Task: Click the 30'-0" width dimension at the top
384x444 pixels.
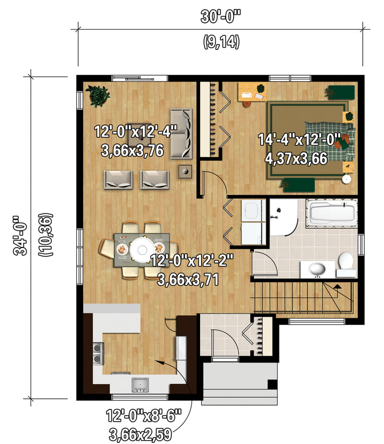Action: [x=220, y=17]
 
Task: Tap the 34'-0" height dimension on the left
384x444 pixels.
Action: [x=20, y=236]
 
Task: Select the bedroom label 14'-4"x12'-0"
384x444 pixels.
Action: [x=300, y=139]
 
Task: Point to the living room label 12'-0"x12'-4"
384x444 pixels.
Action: [x=135, y=131]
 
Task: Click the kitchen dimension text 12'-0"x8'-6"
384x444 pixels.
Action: [x=143, y=416]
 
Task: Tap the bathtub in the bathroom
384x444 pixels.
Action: [x=332, y=213]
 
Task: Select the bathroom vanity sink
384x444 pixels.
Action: [x=317, y=269]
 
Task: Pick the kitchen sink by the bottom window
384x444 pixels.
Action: [x=140, y=385]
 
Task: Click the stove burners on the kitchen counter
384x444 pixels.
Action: [x=98, y=353]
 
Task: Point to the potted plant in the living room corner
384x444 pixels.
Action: [x=98, y=96]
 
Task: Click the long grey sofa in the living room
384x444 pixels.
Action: [x=181, y=134]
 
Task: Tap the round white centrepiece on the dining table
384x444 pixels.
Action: [x=142, y=250]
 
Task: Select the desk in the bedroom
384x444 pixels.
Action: [x=252, y=92]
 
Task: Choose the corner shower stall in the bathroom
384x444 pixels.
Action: [x=283, y=217]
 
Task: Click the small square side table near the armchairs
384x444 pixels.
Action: [x=185, y=171]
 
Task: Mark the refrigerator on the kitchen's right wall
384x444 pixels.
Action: [x=181, y=348]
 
